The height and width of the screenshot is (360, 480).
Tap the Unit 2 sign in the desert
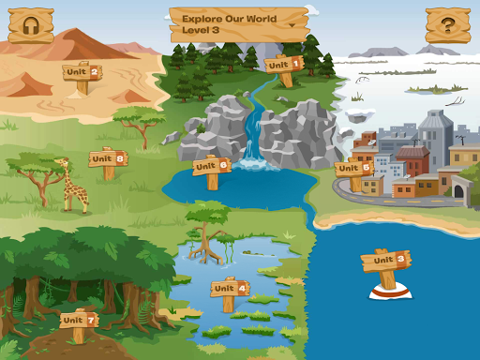(x=82, y=71)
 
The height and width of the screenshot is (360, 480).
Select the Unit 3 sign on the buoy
(x=388, y=261)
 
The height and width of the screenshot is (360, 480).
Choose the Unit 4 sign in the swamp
(x=229, y=290)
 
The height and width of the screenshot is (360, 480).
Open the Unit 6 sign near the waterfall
(x=211, y=167)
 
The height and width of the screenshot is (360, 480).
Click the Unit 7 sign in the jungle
(x=79, y=321)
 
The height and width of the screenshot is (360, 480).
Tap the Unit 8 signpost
(x=107, y=160)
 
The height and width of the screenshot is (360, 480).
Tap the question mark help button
(x=448, y=25)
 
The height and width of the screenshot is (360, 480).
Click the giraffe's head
(x=62, y=163)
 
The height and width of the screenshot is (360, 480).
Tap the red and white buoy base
(x=388, y=292)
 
